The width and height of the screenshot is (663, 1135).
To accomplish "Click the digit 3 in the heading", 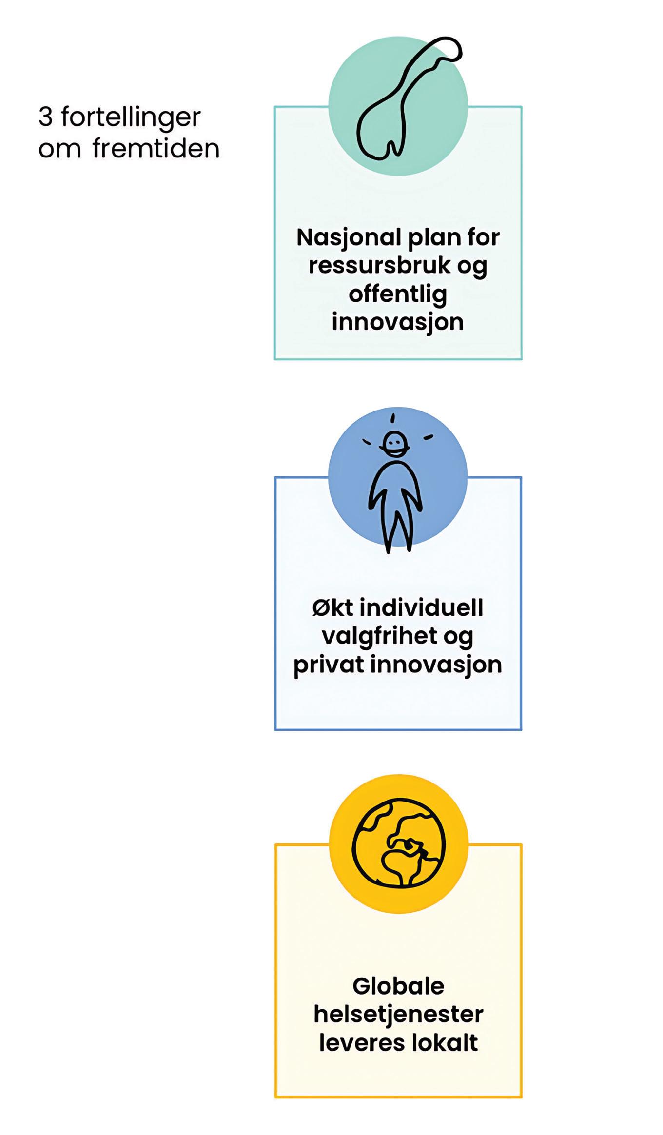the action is (x=45, y=117).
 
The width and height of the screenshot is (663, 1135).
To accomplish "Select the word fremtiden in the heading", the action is (x=156, y=149).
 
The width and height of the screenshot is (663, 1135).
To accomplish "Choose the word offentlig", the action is (x=398, y=294).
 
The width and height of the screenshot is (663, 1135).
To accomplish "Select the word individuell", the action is (x=421, y=608).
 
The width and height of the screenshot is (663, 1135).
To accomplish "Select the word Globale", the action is (x=398, y=986).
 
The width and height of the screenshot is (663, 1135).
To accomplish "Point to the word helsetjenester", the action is (x=398, y=1015).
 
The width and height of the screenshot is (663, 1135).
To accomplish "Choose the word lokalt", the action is (x=445, y=1043).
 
